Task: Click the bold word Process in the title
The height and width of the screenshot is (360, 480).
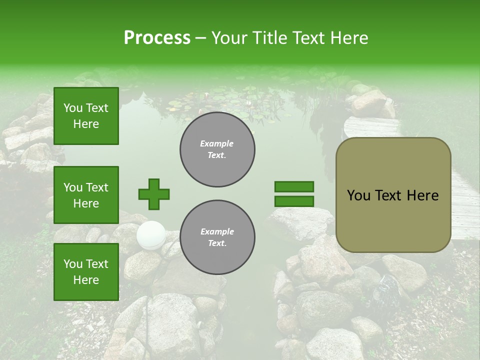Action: coord(157,38)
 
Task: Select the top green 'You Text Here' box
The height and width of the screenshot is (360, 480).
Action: coord(86,116)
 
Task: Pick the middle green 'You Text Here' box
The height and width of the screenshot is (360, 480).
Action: coord(86,195)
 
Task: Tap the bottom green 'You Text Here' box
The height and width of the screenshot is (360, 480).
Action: coord(86,271)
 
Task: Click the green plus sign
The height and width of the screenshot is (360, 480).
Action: coord(154,194)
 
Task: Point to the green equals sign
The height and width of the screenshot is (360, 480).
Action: coord(294,194)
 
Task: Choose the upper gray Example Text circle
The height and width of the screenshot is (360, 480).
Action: coord(217,149)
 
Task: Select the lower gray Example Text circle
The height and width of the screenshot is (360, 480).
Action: coord(217,237)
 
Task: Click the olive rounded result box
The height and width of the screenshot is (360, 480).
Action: coord(393,195)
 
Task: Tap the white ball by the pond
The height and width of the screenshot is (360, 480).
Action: coord(151,234)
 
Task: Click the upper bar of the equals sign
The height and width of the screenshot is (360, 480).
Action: coord(294,187)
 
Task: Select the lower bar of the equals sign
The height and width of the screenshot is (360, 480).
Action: coord(294,201)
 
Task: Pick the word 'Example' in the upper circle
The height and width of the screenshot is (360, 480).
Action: coord(217,143)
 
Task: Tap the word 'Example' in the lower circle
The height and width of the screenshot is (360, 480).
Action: coord(217,231)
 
